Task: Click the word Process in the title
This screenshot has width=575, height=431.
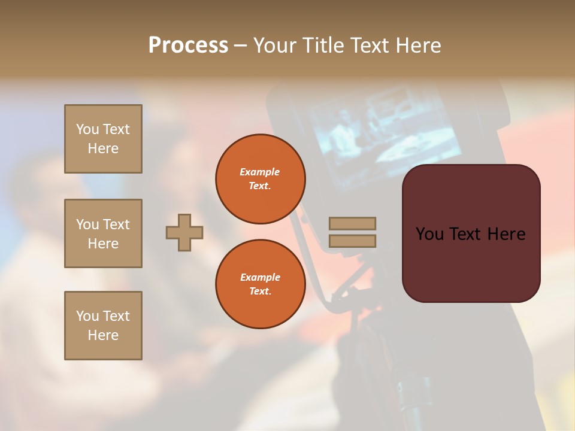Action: click(x=188, y=45)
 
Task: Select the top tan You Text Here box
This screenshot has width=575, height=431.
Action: click(x=103, y=139)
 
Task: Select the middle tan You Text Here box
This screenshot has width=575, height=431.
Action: click(x=103, y=233)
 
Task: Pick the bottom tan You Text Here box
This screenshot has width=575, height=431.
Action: click(x=103, y=326)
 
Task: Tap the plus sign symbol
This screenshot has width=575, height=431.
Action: click(x=184, y=232)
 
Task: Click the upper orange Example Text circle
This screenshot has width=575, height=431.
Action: click(x=260, y=179)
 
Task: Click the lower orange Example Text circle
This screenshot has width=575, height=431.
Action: click(x=260, y=284)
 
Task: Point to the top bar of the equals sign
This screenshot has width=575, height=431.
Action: click(x=352, y=223)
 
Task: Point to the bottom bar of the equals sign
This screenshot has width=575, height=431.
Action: click(x=352, y=241)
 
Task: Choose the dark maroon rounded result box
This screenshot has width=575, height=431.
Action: click(x=471, y=233)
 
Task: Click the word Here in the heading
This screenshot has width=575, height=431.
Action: click(x=414, y=45)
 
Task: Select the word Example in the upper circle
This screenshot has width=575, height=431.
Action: click(x=260, y=172)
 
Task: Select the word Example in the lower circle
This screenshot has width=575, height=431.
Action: click(x=260, y=277)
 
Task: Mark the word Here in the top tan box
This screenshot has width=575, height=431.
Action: click(x=103, y=148)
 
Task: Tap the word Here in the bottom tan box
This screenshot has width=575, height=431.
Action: click(x=103, y=335)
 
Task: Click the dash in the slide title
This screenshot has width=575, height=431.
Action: click(x=241, y=46)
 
